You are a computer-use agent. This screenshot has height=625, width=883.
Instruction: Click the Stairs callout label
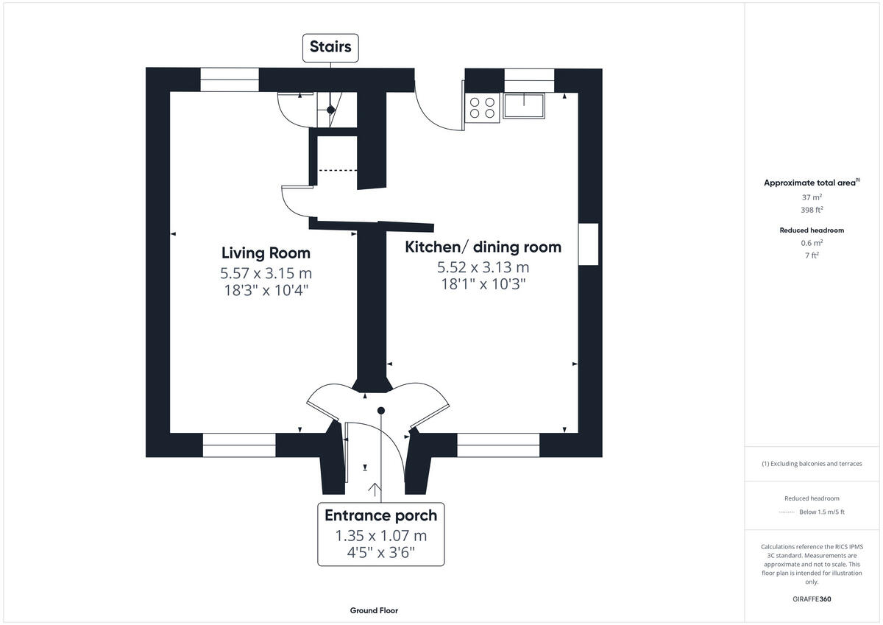point(330,47)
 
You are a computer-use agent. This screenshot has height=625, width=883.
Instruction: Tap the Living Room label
point(265,253)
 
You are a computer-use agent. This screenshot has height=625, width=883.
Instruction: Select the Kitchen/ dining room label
point(483,247)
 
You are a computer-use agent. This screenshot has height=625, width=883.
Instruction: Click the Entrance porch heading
point(380,515)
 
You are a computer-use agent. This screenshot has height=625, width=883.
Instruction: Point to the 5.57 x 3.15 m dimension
point(271,273)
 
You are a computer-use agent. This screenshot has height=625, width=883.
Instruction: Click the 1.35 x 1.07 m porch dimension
point(380,536)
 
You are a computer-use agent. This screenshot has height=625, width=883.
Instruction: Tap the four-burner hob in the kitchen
point(482,107)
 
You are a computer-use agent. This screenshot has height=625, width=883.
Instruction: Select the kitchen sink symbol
point(523,106)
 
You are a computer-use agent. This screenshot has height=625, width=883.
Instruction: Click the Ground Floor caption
point(374,611)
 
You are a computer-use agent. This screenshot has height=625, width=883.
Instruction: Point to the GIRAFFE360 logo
point(811,599)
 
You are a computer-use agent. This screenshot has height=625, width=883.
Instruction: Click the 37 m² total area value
point(812,197)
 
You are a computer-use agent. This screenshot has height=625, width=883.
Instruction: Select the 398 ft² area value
point(812,210)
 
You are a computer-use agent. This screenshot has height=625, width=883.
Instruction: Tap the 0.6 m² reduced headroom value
point(812,243)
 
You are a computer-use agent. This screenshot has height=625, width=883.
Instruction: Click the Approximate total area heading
point(810,183)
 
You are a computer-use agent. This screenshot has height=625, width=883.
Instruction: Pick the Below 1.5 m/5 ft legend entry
point(821,512)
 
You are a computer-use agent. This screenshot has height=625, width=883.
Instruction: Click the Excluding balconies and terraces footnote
point(812,464)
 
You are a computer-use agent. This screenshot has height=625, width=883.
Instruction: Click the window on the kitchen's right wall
point(588,244)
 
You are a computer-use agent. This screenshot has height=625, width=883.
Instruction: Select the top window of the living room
point(230,80)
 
